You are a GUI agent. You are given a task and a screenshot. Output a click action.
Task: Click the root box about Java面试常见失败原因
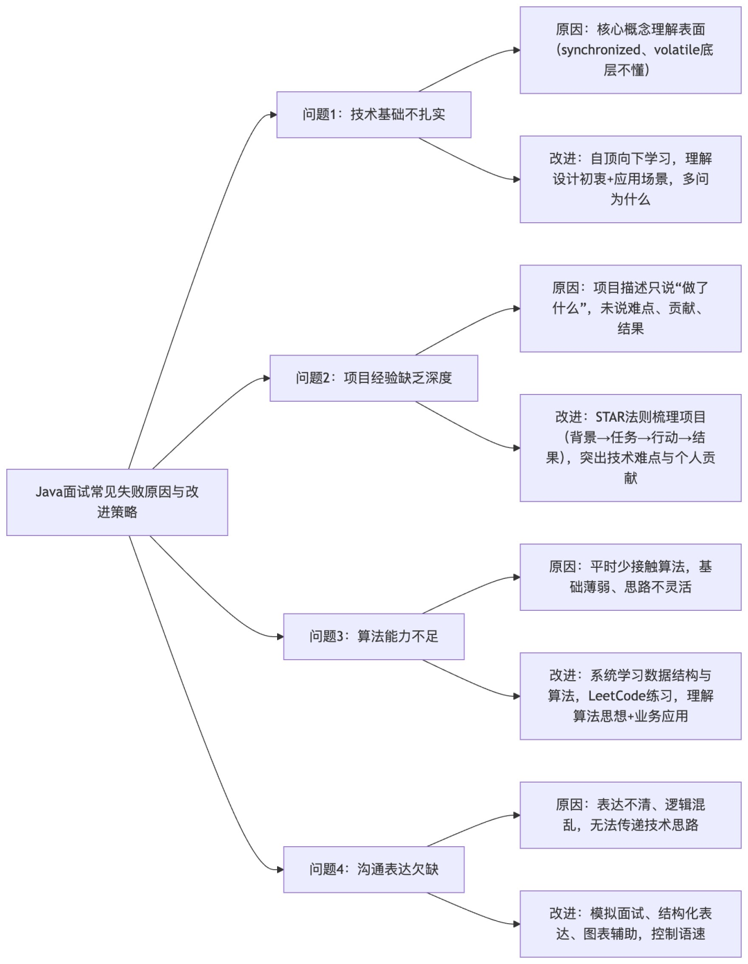pyautogui.click(x=117, y=502)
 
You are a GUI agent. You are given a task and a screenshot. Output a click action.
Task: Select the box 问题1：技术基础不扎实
pyautogui.click(x=373, y=115)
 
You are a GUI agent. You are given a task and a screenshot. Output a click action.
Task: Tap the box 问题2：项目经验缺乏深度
pyautogui.click(x=373, y=378)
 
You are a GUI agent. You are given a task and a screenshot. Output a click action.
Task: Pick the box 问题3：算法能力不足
pyautogui.click(x=373, y=636)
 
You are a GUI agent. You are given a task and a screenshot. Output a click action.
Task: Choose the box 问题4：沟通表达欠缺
pyautogui.click(x=373, y=869)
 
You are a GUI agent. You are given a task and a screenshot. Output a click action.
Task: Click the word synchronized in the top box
pyautogui.click(x=600, y=50)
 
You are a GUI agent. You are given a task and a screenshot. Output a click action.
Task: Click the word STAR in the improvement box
pyautogui.click(x=610, y=417)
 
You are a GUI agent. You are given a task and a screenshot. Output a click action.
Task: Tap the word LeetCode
pyautogui.click(x=616, y=696)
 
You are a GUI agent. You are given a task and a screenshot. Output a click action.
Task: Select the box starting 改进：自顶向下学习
pyautogui.click(x=630, y=179)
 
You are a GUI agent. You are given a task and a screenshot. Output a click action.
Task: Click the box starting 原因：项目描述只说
pyautogui.click(x=630, y=308)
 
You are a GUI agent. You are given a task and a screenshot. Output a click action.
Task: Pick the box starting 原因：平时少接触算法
pyautogui.click(x=630, y=577)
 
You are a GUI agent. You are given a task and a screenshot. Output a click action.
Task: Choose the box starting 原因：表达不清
pyautogui.click(x=630, y=815)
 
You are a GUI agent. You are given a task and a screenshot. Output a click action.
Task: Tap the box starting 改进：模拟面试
pyautogui.click(x=630, y=924)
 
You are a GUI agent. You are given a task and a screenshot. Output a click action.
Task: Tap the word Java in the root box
pyautogui.click(x=49, y=492)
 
